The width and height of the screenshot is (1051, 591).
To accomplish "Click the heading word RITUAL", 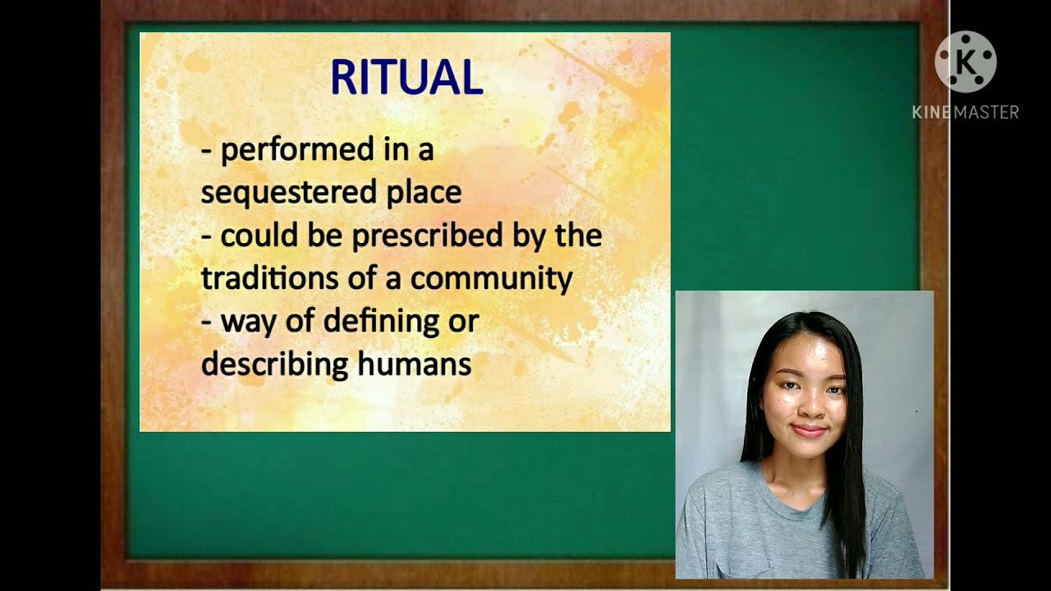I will (x=406, y=78).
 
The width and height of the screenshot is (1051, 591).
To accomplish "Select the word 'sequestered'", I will (x=278, y=193).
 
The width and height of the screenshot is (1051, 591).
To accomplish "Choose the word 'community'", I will (x=491, y=278).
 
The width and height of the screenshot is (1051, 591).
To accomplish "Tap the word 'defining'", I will (x=378, y=321).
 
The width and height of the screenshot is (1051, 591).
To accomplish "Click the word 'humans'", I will (x=415, y=364).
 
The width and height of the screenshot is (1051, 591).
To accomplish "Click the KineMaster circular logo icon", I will (x=966, y=62).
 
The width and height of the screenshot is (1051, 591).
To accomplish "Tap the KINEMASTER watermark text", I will (x=966, y=112).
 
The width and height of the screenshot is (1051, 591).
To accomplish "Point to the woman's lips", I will (x=810, y=430).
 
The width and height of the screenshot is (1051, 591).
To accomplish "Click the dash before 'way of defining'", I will (x=206, y=321).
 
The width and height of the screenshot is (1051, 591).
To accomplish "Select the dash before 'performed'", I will (x=206, y=151).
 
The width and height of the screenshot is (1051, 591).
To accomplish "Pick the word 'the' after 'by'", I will (x=578, y=236).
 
